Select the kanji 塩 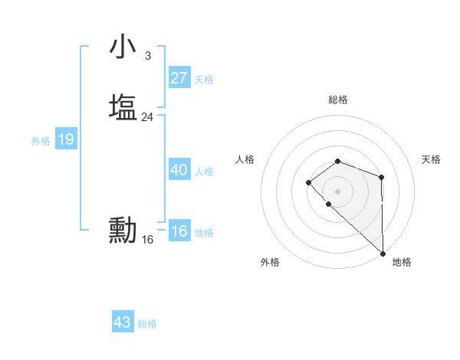123,106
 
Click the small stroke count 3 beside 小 147,56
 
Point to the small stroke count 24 147,117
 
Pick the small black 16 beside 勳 147,240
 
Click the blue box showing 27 179,77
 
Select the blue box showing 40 179,170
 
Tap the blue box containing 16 179,231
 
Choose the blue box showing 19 66,139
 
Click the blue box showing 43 123,322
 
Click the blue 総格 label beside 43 147,324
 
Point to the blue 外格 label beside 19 41,141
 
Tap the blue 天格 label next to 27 204,80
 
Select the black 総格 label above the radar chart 338,100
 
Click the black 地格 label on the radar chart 402,263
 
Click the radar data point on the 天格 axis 381,178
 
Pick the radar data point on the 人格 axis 308,182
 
